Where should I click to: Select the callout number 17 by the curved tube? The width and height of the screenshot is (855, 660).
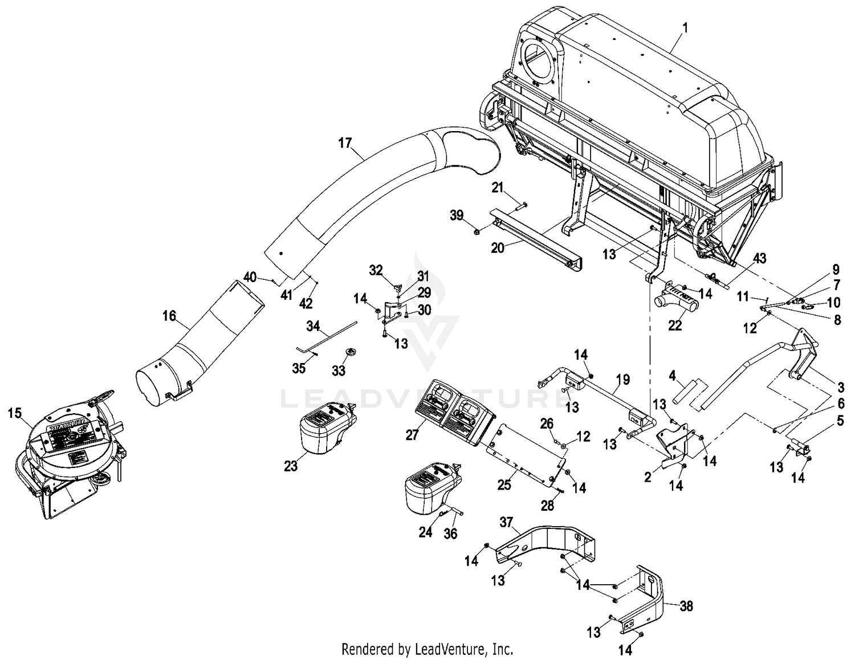click(345, 142)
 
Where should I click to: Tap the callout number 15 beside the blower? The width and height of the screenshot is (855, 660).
click(15, 412)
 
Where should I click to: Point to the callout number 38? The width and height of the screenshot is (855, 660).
click(687, 606)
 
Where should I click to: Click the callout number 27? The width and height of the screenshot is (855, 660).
click(412, 435)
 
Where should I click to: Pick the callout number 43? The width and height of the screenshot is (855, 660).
click(760, 258)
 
